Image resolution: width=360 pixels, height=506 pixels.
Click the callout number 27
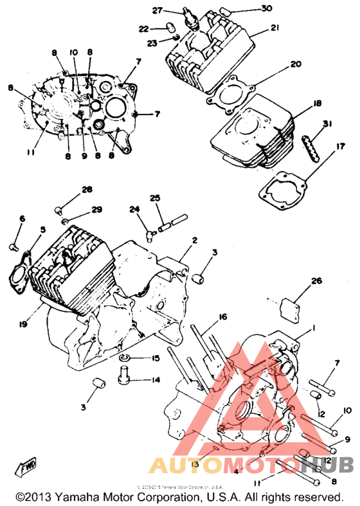157,10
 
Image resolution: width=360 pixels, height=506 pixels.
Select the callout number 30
248,8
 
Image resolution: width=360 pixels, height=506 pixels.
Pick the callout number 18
316,104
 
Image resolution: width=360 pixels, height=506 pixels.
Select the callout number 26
315,280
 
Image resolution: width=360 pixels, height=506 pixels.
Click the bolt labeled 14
125,372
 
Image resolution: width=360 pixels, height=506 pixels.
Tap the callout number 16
222,317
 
